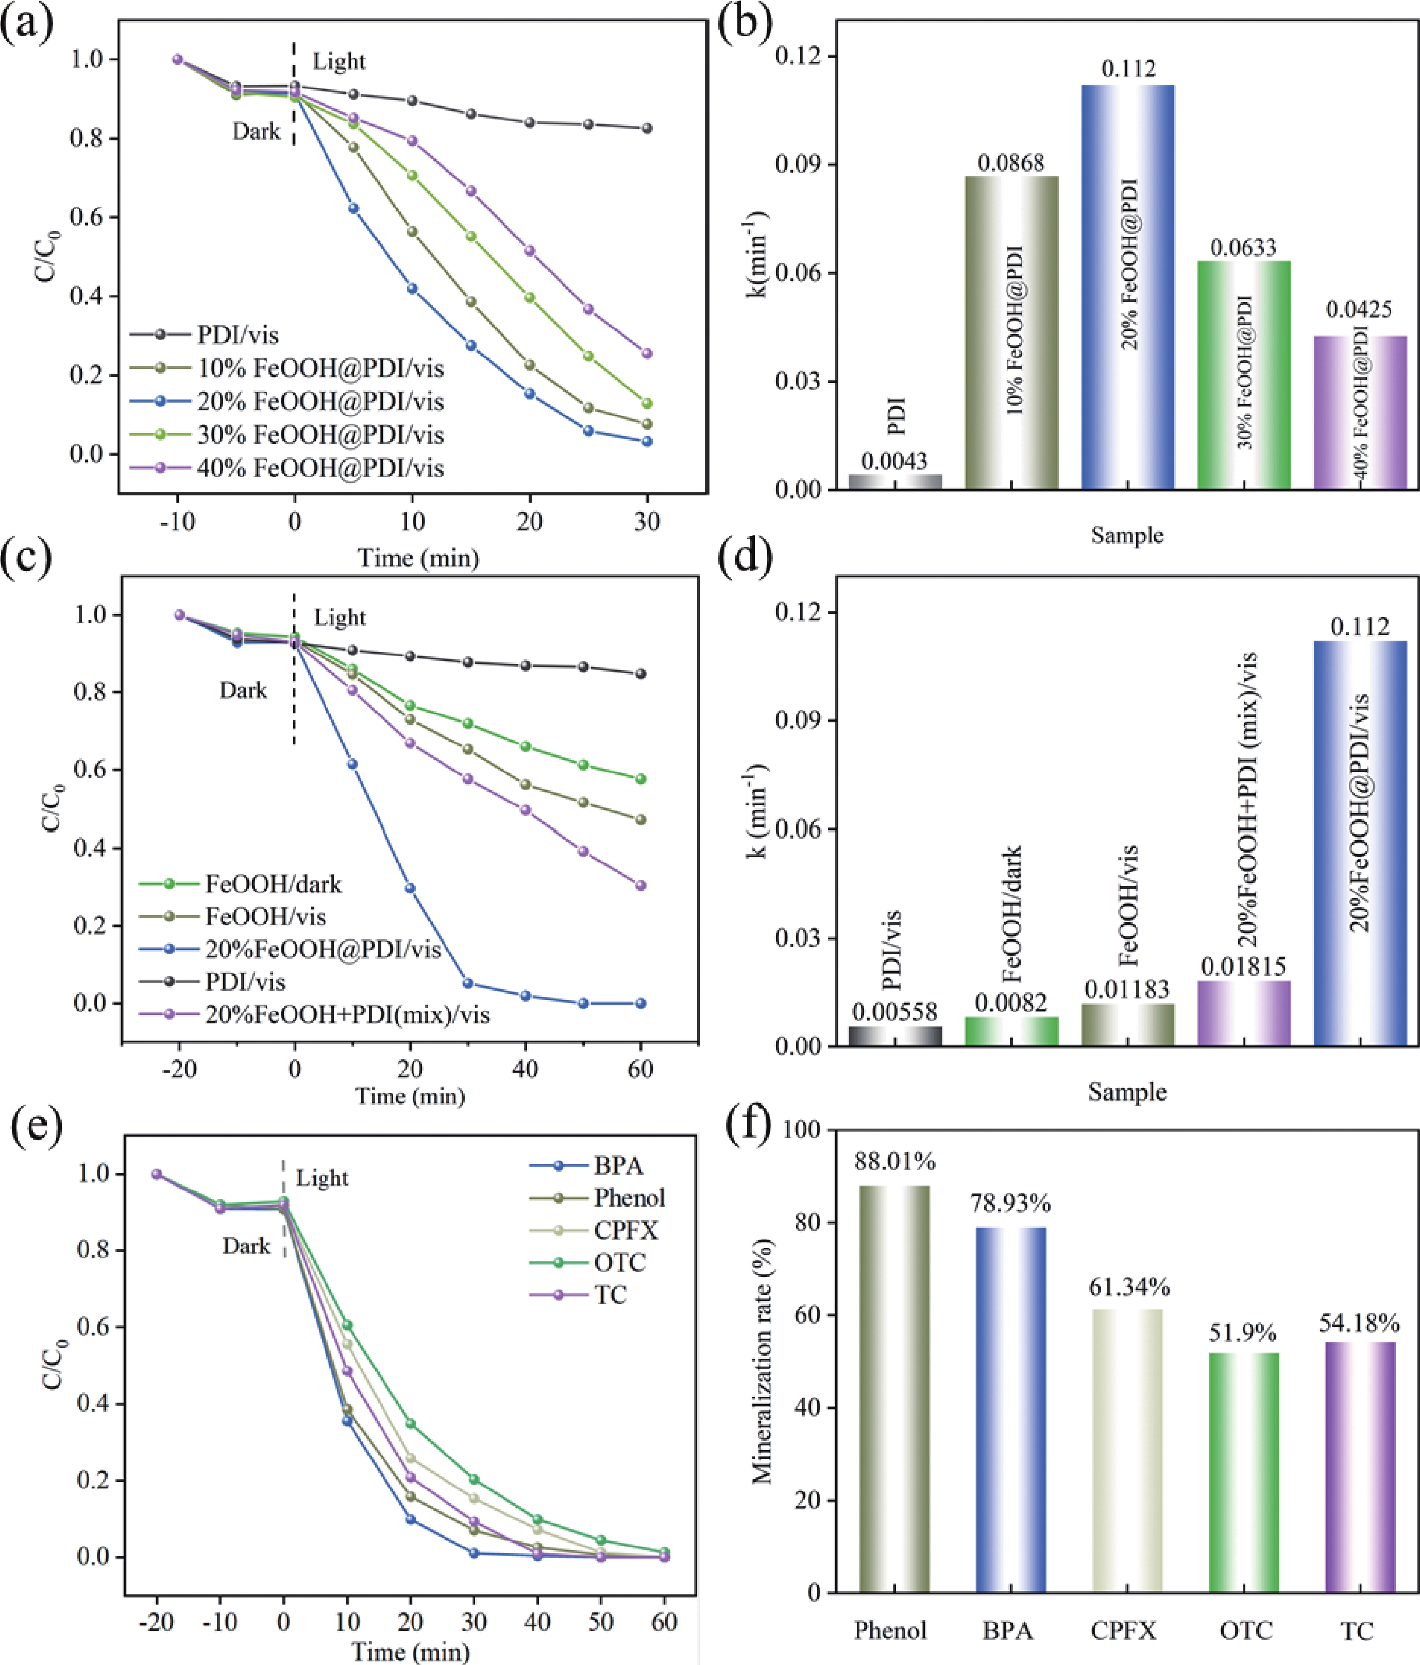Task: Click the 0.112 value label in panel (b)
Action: click(1128, 69)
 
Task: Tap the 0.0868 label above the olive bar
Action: click(1011, 162)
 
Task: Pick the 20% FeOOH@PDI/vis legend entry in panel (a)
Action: click(319, 401)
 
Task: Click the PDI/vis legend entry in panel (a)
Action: click(238, 334)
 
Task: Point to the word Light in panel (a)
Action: click(339, 62)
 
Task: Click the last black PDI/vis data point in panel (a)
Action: click(647, 128)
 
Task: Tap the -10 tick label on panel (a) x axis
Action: click(177, 522)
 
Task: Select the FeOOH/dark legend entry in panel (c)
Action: click(273, 884)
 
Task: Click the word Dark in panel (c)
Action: click(243, 690)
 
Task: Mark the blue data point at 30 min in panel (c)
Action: click(467, 984)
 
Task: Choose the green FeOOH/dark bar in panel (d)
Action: click(1011, 1031)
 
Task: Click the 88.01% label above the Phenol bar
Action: click(895, 1161)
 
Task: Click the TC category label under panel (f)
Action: click(1357, 1630)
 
